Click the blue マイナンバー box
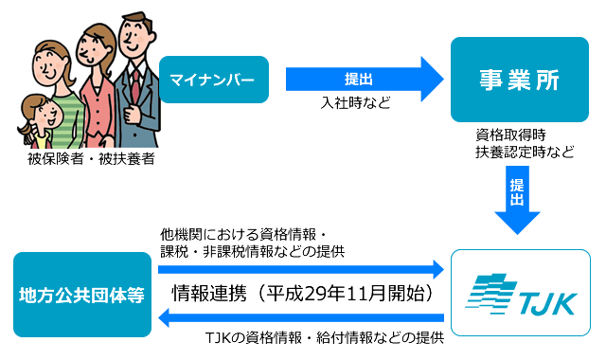(x=212, y=80)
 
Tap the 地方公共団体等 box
(x=81, y=295)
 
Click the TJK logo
(x=520, y=294)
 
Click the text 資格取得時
(x=510, y=135)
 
